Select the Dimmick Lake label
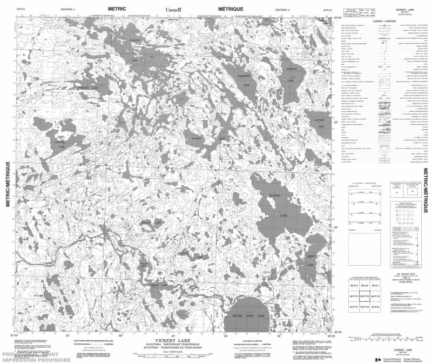tap(90, 87)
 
